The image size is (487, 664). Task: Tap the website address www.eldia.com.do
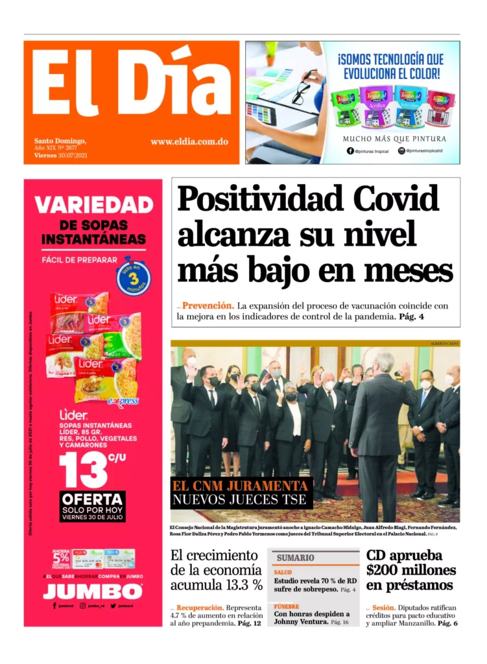[189, 141]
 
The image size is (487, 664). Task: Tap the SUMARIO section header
[296, 558]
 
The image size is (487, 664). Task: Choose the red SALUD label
[283, 573]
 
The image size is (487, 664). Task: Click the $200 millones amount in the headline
[410, 571]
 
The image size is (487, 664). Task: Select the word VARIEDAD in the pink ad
[93, 205]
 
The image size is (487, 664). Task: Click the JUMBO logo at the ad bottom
[93, 591]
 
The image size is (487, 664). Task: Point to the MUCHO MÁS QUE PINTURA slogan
[394, 138]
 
